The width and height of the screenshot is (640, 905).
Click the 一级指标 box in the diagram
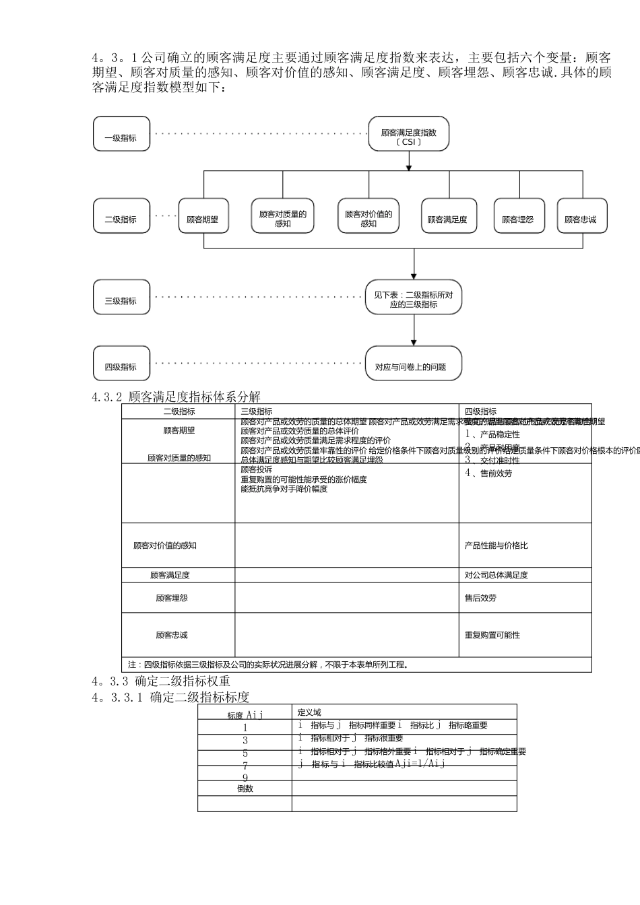click(x=121, y=134)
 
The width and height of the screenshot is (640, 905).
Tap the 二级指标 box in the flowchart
click(x=121, y=216)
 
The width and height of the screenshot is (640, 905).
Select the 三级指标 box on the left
click(x=121, y=298)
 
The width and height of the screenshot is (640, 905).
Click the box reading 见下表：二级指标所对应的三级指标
click(x=414, y=298)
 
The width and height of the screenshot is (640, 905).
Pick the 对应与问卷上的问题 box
click(x=414, y=364)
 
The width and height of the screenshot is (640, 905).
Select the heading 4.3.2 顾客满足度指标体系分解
click(x=177, y=397)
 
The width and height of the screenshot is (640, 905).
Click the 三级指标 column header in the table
click(x=257, y=411)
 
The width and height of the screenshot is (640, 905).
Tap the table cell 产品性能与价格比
click(x=497, y=545)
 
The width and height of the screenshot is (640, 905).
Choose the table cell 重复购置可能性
click(x=492, y=635)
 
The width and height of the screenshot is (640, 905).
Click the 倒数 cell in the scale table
click(x=245, y=789)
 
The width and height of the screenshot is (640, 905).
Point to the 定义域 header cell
click(x=309, y=712)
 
